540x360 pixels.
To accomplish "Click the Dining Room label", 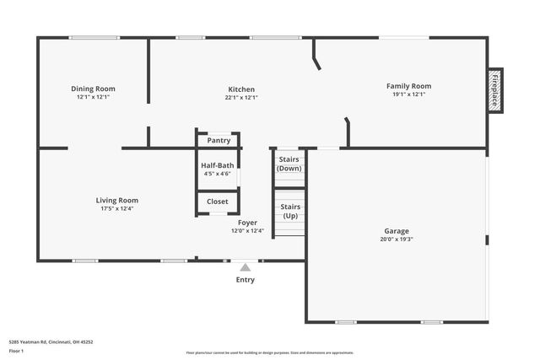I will pos(93,89).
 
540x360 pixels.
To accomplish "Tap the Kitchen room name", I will pos(241,89).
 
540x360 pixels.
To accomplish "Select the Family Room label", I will pos(408,86).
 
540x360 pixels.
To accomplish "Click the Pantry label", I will pos(219,141).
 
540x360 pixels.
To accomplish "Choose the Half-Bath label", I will pos(217,165).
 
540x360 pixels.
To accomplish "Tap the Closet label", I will pos(218,201).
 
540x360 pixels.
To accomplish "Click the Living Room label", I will pos(116,201).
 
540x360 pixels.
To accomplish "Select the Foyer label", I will pos(247,223).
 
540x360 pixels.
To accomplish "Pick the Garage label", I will pos(397,230).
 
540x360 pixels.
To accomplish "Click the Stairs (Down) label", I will pos(289,164).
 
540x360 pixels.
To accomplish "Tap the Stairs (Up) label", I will pos(289,211).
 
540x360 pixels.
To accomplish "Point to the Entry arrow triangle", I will pos(245,267).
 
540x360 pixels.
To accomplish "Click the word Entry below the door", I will pos(245,280).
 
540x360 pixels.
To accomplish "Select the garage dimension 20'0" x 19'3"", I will pos(397,239).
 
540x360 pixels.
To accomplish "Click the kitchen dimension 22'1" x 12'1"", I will pos(241,97).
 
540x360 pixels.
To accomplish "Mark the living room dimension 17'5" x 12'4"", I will pos(116,208).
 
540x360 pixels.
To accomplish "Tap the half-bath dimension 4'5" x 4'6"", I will pos(217,174).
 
